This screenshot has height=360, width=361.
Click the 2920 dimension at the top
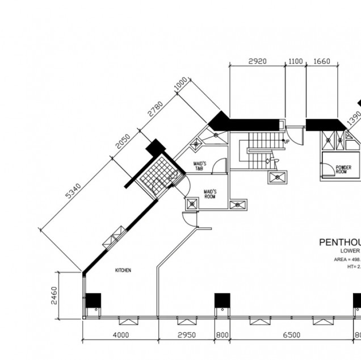pyautogui.click(x=257, y=61)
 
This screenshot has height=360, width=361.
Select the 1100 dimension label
pyautogui.click(x=295, y=61)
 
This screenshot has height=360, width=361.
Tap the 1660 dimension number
pyautogui.click(x=321, y=61)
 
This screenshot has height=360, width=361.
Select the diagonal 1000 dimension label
pyautogui.click(x=180, y=85)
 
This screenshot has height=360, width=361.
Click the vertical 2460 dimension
pyautogui.click(x=54, y=296)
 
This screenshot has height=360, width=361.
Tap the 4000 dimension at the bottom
pyautogui.click(x=120, y=335)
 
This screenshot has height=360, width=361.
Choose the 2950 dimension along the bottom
pyautogui.click(x=186, y=335)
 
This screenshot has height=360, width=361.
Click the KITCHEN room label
pyautogui.click(x=123, y=270)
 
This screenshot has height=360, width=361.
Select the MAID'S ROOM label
pyautogui.click(x=210, y=194)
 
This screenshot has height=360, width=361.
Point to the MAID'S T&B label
pyautogui.click(x=200, y=166)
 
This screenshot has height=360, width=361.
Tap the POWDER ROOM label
pyautogui.click(x=343, y=169)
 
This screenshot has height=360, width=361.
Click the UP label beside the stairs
pyautogui.click(x=287, y=141)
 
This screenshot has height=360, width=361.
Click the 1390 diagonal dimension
pyautogui.click(x=354, y=118)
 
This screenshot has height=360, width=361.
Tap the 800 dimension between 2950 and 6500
pyautogui.click(x=222, y=335)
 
